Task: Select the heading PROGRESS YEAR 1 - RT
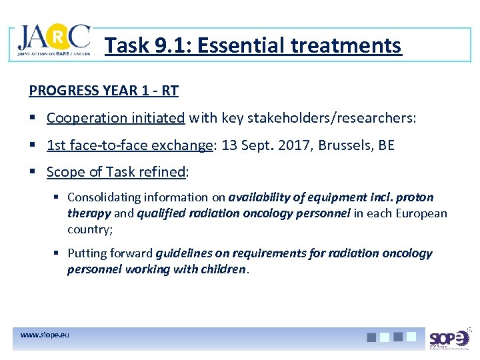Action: pos(103,90)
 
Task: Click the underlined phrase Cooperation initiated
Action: pos(115,118)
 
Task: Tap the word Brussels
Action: pos(339,145)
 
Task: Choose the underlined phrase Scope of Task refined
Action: pos(116,172)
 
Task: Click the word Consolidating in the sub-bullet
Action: pos(103,197)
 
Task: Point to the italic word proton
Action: pos(415,197)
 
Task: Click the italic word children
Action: pos(223,269)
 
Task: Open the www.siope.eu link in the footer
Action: pos(45,334)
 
